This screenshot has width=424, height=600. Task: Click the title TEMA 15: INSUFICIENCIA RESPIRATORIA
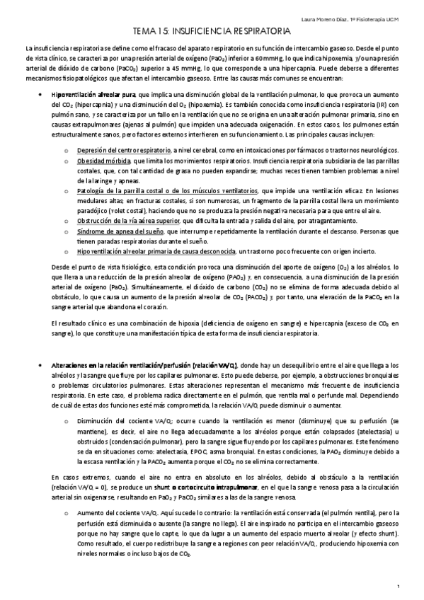pyautogui.click(x=212, y=32)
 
